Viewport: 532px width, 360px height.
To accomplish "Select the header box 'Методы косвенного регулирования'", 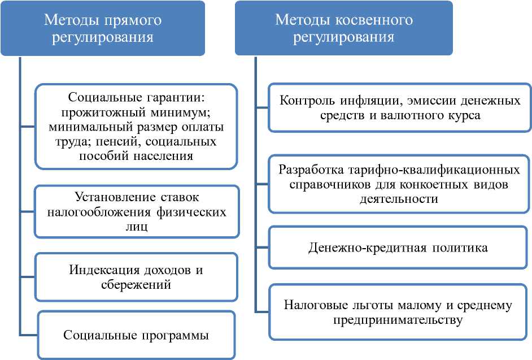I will tap(343, 28).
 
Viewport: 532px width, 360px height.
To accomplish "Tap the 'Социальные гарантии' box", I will tap(136, 126).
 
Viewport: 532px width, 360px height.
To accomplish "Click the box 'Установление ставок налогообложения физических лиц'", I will tap(136, 212).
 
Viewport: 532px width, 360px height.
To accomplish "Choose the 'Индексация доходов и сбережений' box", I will tap(136, 277).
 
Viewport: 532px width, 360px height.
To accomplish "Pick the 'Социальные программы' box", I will tap(136, 335).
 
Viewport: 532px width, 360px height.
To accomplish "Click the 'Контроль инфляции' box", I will tap(399, 107).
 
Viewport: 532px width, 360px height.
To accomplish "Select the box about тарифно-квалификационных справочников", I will tap(399, 184).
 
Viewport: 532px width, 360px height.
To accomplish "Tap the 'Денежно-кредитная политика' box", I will tap(399, 248).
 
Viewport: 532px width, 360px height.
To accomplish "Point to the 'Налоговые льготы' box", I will tap(399, 313).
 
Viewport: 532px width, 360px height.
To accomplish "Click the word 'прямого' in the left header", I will tap(134, 21).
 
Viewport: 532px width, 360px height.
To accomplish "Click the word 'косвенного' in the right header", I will tap(376, 21).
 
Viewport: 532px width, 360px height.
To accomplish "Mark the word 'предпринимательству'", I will tap(399, 320).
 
